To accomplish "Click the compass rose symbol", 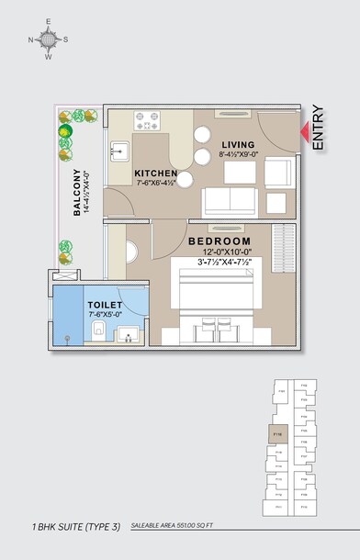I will point(49,39).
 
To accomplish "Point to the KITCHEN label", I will point(156,173).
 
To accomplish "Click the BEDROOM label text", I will point(219,241).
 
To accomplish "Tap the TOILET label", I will point(105,304).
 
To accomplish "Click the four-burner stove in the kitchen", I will point(147,119).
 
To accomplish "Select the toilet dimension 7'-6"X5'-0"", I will point(105,315).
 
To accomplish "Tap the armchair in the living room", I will point(279,170).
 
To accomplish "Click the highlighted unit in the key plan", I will point(278,432).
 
